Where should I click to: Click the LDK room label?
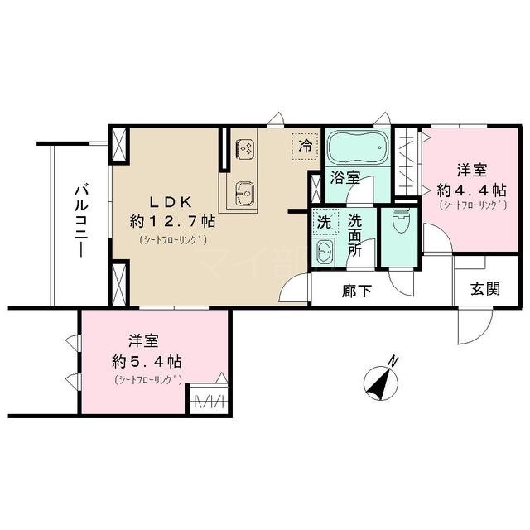click(x=171, y=201)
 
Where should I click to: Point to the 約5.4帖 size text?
click(x=148, y=362)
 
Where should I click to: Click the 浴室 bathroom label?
click(x=344, y=176)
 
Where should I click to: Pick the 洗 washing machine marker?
click(x=325, y=223)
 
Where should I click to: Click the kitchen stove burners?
click(x=245, y=149)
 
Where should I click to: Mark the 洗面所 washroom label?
click(x=354, y=235)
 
